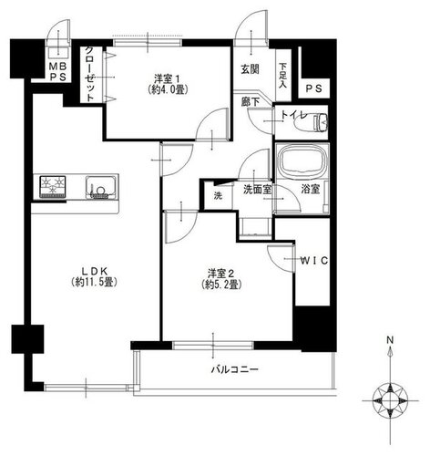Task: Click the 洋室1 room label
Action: click(x=167, y=79)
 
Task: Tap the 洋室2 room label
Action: click(x=220, y=274)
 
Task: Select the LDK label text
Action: click(x=94, y=271)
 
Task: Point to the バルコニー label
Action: click(x=235, y=369)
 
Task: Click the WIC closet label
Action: click(x=314, y=261)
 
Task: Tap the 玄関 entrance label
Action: click(x=250, y=69)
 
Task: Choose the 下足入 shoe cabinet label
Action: click(x=282, y=76)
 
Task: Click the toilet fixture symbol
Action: click(x=311, y=122)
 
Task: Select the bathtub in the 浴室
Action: click(x=303, y=161)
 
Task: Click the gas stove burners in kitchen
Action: click(x=53, y=186)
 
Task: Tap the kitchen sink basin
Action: click(x=100, y=187)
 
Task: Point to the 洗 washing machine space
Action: click(x=218, y=196)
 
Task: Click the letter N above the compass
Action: click(x=390, y=340)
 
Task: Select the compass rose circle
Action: click(x=390, y=400)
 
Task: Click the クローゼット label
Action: click(x=89, y=74)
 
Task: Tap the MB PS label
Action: click(x=58, y=72)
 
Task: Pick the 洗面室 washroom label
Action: click(x=258, y=190)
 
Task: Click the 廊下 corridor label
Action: click(x=250, y=102)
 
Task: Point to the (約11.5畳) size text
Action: click(x=94, y=283)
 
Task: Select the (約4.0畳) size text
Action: click(x=167, y=90)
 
